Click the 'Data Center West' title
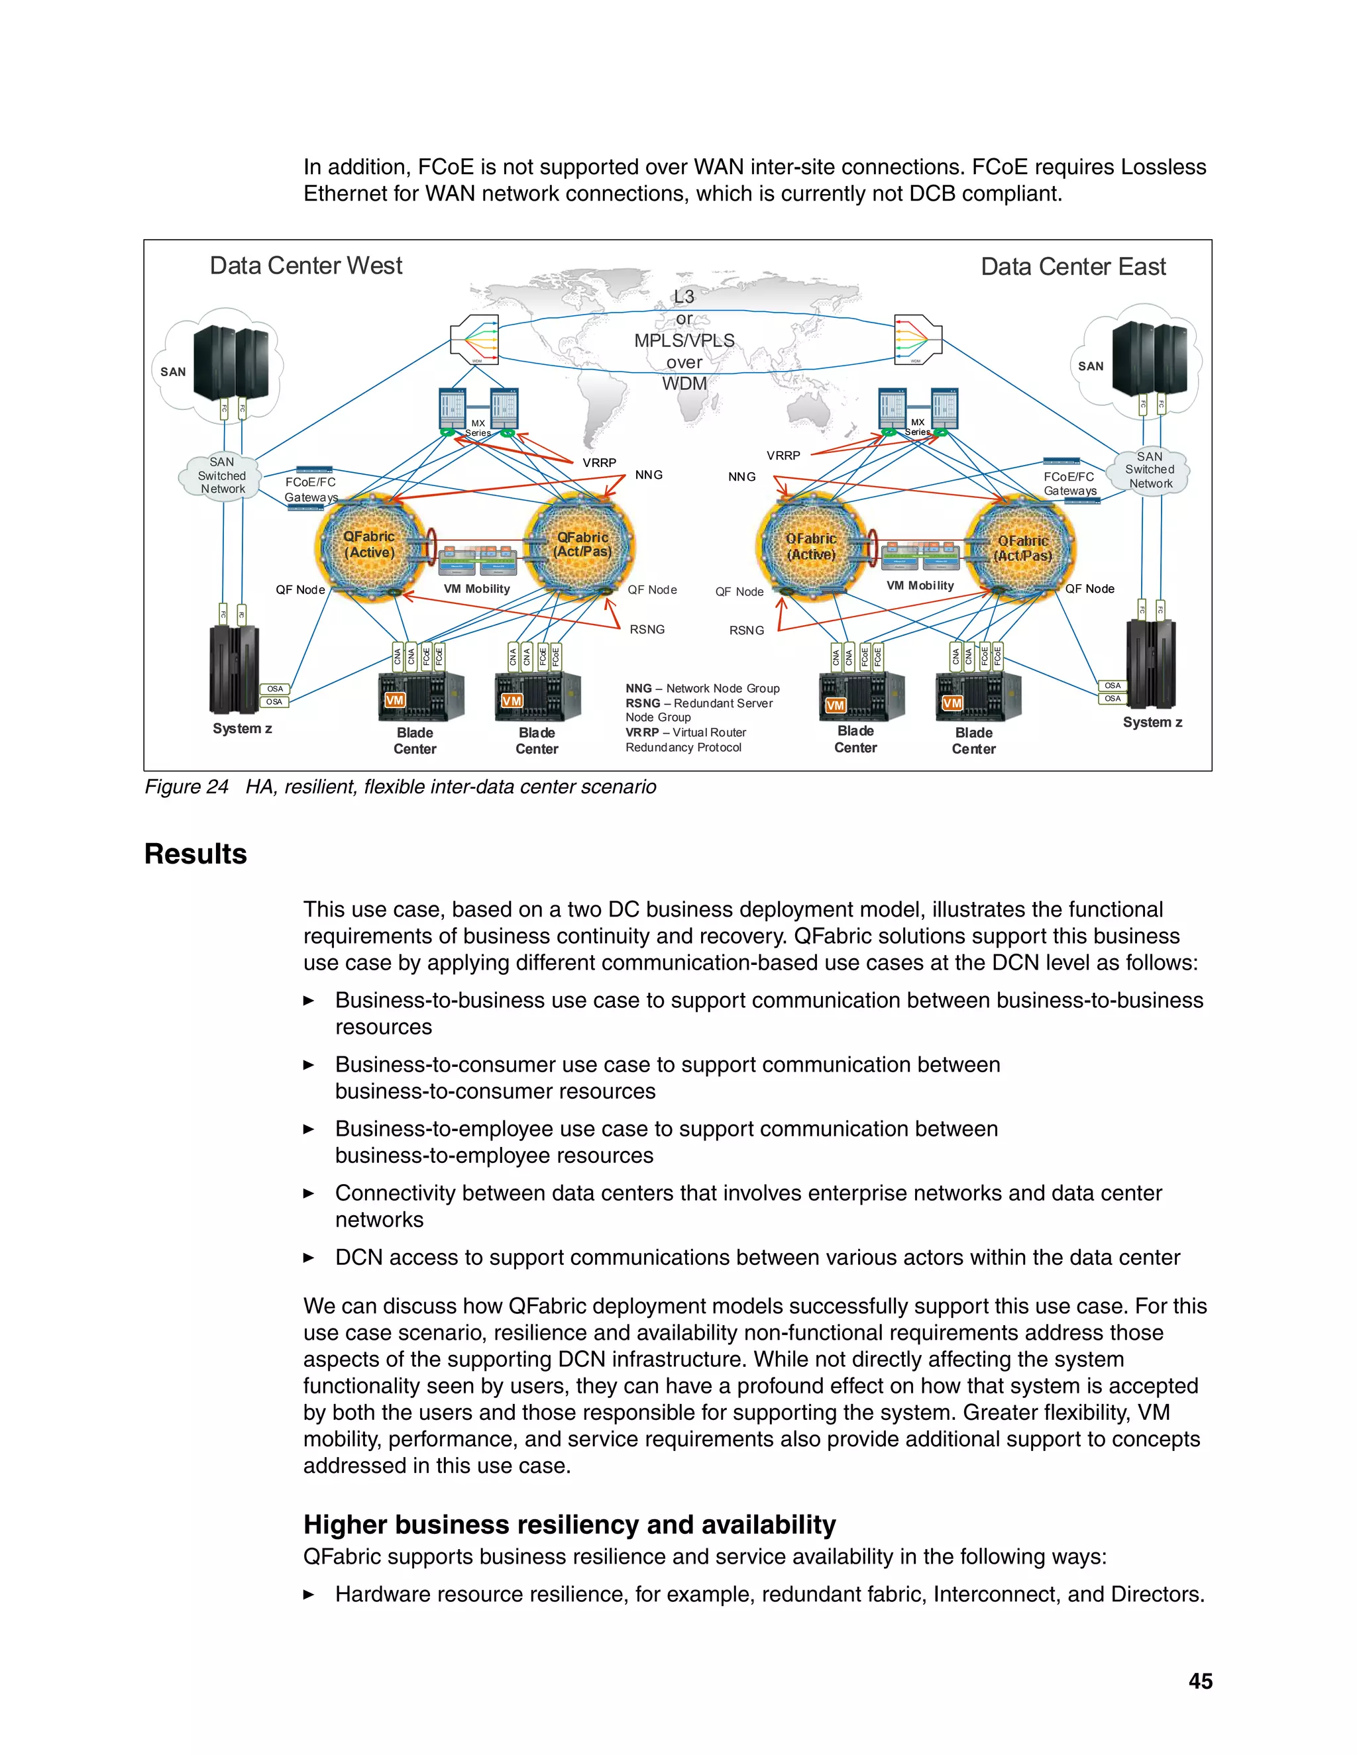pos(305,266)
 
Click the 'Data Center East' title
pos(1073,267)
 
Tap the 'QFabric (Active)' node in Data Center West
pos(370,545)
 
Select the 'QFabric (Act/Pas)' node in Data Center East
pos(1022,548)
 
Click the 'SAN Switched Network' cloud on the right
pos(1150,470)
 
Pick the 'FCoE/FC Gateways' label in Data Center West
pos(311,489)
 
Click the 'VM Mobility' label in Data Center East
pos(920,586)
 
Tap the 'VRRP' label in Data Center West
pos(599,463)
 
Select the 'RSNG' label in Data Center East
pos(746,630)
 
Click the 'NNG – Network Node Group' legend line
pos(702,689)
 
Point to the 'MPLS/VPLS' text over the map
pos(684,340)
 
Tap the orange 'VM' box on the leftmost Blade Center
pos(394,700)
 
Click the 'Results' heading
pos(195,854)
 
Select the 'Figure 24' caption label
pos(186,787)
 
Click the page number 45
pos(1200,1681)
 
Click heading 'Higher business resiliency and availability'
pos(569,1525)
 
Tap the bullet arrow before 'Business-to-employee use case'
pos(309,1129)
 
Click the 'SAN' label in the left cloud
pos(173,372)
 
